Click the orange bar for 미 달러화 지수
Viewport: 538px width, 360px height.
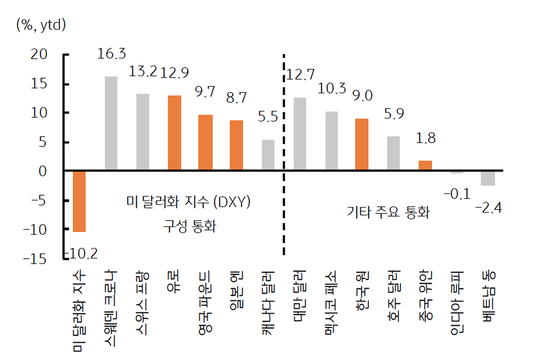[x=79, y=201]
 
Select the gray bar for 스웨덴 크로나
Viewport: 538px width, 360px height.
[x=111, y=124]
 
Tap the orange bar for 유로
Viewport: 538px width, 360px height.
[x=174, y=133]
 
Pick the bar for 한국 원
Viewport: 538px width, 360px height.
[x=362, y=145]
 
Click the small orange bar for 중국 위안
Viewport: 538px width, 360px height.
[x=425, y=166]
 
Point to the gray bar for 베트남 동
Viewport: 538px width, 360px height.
[x=488, y=178]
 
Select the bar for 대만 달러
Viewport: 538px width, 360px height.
[x=299, y=134]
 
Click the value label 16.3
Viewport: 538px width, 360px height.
[x=111, y=55]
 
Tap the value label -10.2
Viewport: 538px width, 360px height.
[x=81, y=254]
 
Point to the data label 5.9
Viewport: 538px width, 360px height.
[x=394, y=114]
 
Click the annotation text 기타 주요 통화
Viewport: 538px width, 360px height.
[x=388, y=213]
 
